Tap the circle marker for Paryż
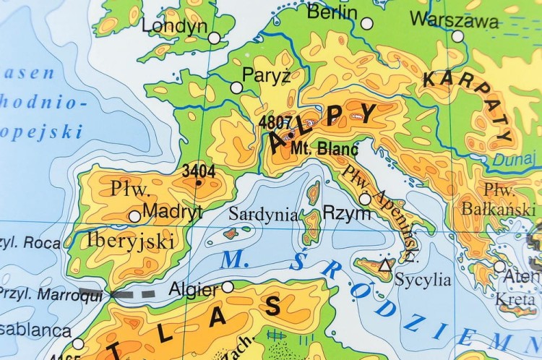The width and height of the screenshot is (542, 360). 236,87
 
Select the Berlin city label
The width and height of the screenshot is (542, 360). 332,12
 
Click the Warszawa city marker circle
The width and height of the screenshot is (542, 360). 458,36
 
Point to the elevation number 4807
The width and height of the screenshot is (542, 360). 275,123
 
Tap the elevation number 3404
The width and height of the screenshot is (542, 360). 198,172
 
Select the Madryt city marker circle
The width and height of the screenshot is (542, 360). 134,216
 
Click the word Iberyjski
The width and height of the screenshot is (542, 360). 130,240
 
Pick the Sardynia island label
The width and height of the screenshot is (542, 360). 263,214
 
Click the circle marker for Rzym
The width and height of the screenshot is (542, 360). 365,199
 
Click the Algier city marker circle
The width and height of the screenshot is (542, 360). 228,287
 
